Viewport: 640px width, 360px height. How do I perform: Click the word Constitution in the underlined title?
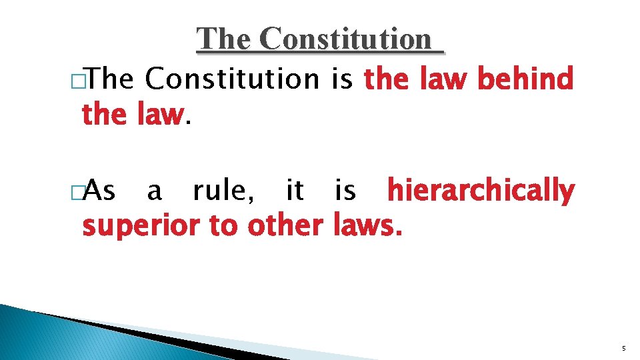pyautogui.click(x=346, y=39)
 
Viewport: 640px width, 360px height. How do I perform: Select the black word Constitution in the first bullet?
pyautogui.click(x=233, y=79)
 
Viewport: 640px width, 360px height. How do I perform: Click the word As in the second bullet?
pyautogui.click(x=102, y=191)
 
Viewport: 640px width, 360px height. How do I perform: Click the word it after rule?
pyautogui.click(x=294, y=191)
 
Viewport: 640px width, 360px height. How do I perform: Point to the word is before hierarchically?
pyautogui.click(x=345, y=191)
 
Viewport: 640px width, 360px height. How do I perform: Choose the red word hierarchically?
pyautogui.click(x=481, y=192)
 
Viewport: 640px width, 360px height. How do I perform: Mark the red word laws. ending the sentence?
pyautogui.click(x=367, y=226)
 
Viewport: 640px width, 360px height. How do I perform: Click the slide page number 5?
pyautogui.click(x=623, y=349)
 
